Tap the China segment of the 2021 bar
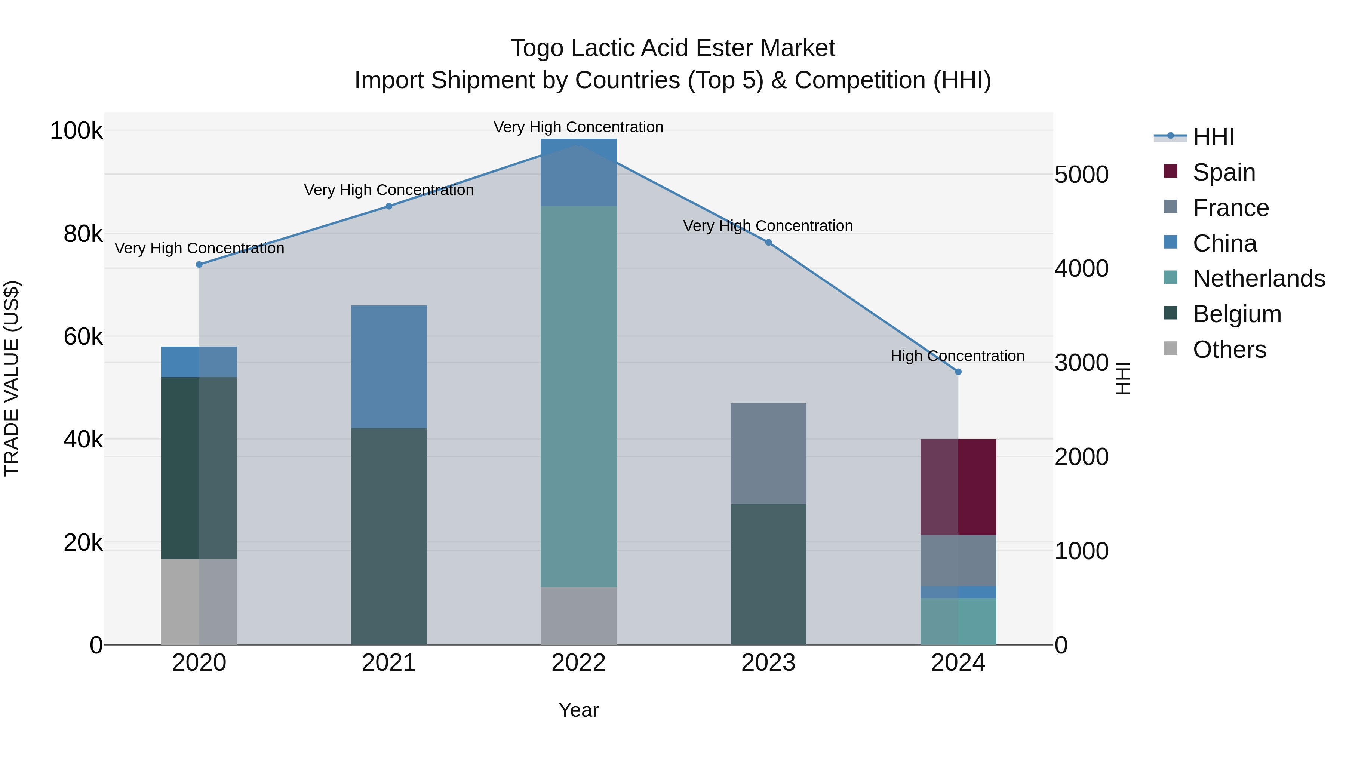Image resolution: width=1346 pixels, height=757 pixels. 389,366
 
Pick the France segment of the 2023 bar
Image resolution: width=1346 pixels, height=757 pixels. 768,453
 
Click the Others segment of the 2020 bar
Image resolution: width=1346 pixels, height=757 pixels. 199,601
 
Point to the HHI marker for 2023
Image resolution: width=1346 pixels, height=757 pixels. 768,242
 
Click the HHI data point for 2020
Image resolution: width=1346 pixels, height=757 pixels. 199,264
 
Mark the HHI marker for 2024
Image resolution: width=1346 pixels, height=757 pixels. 958,372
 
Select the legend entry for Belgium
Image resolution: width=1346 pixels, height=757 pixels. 1236,314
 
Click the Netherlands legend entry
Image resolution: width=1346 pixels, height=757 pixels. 1258,279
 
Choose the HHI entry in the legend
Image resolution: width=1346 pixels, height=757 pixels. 1213,137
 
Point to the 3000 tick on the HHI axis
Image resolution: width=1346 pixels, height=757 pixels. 1081,363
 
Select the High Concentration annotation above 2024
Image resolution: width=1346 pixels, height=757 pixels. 957,356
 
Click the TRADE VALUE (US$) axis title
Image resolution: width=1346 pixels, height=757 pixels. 12,378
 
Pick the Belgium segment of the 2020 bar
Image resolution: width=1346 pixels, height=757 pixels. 199,468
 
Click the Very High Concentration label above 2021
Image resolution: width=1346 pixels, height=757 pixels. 389,190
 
